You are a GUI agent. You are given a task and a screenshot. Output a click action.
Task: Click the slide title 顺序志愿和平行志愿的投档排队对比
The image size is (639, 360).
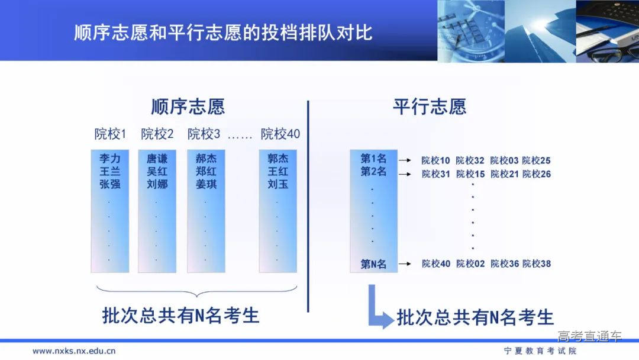pos(223,32)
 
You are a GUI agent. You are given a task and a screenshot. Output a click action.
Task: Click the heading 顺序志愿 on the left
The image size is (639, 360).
pos(188,107)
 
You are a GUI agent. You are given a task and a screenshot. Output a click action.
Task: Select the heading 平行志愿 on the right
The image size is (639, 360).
pos(429,107)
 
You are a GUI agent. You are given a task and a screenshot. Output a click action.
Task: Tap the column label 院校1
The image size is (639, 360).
pos(110,134)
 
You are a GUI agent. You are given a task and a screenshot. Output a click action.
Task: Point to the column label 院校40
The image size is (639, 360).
pos(280,134)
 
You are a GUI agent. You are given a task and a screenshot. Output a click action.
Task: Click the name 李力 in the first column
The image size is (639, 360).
pos(109,159)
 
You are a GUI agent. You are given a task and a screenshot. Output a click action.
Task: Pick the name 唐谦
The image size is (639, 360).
pos(157,159)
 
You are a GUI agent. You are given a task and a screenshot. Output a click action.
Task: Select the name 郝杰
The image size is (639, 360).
pos(205,159)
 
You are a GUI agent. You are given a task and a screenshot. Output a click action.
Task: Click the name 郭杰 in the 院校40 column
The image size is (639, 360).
pos(277,159)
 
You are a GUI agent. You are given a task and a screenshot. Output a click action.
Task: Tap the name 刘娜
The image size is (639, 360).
pos(157,184)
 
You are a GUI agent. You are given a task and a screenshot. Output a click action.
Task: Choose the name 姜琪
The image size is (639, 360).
pos(205,184)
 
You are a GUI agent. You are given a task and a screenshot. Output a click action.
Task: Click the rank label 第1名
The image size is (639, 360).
pos(373,159)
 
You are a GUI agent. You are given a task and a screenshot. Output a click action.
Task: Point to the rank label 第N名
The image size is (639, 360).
pos(373,264)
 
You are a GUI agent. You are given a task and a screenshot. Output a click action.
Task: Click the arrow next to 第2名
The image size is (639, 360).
pos(405,173)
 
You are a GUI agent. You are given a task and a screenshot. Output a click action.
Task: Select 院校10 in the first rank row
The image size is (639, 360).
pos(435,160)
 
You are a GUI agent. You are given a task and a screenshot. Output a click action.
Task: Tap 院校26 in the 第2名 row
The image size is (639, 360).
pos(537,174)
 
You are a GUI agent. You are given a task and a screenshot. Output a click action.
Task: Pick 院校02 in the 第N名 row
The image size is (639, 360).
pos(470,264)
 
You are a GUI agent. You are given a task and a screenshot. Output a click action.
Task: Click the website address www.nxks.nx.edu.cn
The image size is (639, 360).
pos(74,351)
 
